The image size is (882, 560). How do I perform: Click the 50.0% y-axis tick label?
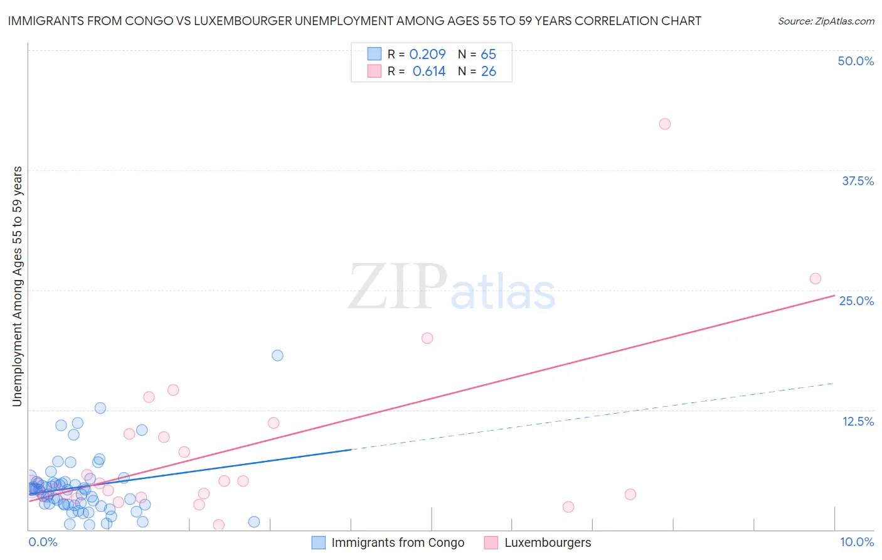[856, 61]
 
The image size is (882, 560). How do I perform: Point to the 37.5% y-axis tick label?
[858, 181]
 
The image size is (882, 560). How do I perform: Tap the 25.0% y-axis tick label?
[856, 301]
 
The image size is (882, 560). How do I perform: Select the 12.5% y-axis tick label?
[858, 421]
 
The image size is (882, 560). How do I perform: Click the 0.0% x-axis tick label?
[43, 542]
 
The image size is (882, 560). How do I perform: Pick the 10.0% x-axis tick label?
[856, 542]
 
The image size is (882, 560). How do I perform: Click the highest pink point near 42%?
[665, 124]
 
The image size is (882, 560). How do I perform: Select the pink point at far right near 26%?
[816, 279]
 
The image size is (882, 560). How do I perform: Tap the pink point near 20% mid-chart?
[427, 338]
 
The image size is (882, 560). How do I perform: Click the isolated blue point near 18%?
[277, 355]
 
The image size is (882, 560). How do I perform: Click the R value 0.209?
[427, 54]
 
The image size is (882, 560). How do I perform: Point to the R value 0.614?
[429, 72]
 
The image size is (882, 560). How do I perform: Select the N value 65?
[488, 54]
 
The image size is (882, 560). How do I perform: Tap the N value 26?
[488, 72]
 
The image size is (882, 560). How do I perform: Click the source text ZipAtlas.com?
[826, 21]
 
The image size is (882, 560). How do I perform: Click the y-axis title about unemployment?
[17, 286]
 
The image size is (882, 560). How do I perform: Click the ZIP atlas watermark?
[452, 288]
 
